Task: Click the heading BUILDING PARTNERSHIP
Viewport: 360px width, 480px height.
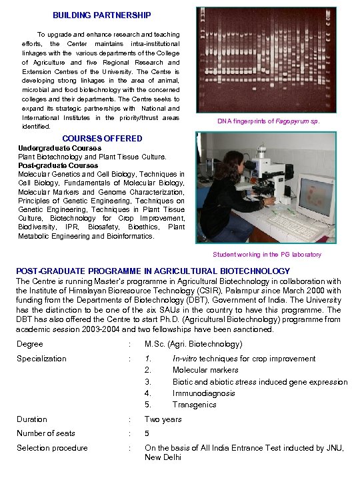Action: pyautogui.click(x=102, y=15)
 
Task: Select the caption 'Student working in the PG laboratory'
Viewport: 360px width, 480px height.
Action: pyautogui.click(x=267, y=255)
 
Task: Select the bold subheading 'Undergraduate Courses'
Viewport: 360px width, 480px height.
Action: pyautogui.click(x=60, y=148)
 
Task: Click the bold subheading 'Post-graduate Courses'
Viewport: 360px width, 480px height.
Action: pyautogui.click(x=58, y=165)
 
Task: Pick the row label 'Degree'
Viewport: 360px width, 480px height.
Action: pyautogui.click(x=30, y=344)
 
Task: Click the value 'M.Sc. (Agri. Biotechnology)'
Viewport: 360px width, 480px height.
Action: pyautogui.click(x=193, y=344)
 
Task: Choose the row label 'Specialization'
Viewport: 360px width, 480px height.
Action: pyautogui.click(x=41, y=359)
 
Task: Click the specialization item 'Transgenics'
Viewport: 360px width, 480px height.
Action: pyautogui.click(x=195, y=405)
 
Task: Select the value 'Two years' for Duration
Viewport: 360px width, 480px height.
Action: pyautogui.click(x=163, y=419)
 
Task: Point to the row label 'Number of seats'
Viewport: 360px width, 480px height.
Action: pyautogui.click(x=46, y=433)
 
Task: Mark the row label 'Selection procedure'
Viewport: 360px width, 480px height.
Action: pyautogui.click(x=52, y=448)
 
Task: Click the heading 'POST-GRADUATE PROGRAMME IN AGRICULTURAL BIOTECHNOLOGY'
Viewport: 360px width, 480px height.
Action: pyautogui.click(x=153, y=271)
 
